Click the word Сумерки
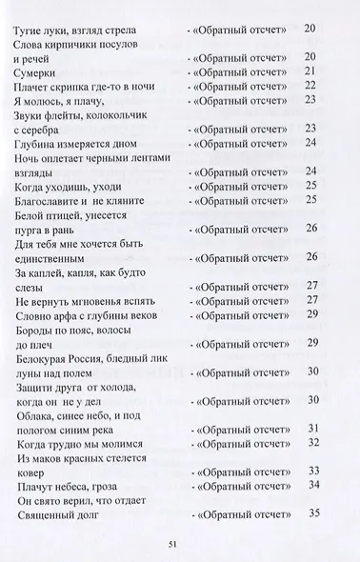[x=36, y=70]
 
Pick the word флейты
[x=67, y=114]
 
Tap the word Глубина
[x=38, y=143]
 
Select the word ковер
[x=30, y=472]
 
